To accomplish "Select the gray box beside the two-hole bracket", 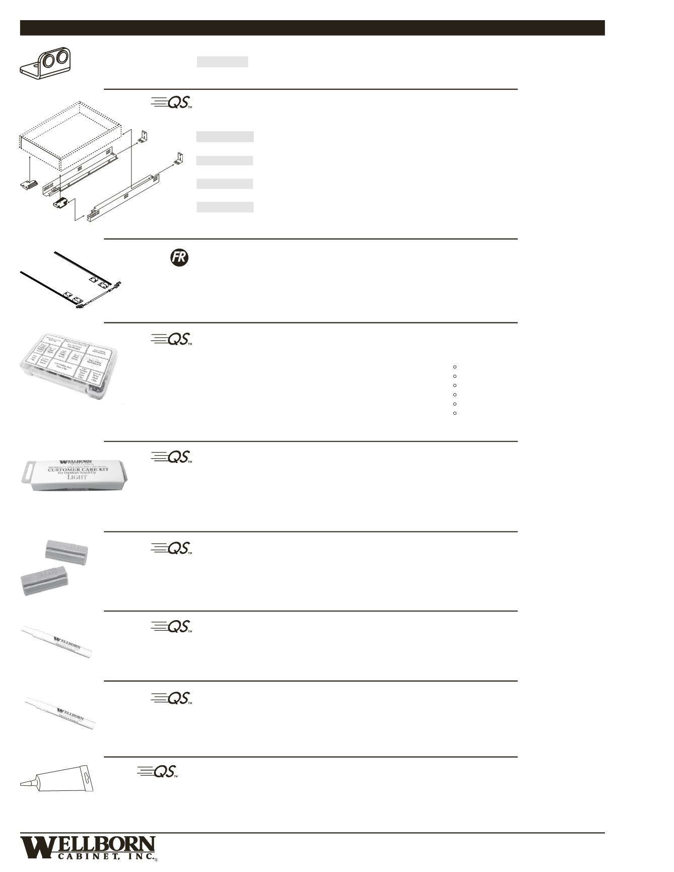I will pos(222,61).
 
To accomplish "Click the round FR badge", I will pos(179,258).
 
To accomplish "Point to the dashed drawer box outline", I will pos(71,133).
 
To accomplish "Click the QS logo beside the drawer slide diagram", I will pos(172,102).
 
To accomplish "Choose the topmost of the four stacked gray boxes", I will pos(225,137).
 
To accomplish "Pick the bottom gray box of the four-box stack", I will pos(225,207).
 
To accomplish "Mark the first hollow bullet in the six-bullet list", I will pos(455,367).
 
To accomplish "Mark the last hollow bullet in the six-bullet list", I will pos(455,413).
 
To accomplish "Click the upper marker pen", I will pos(58,642).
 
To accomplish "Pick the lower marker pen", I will pos(60,713).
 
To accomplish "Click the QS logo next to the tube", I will pos(158,772).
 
